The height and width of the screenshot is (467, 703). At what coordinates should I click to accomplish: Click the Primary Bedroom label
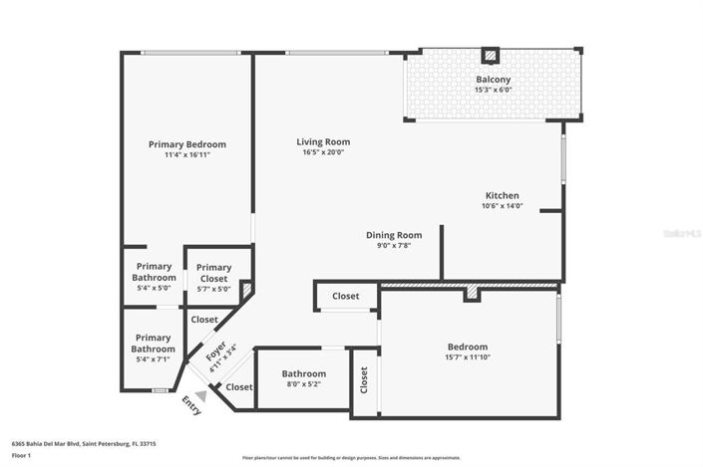coord(186,144)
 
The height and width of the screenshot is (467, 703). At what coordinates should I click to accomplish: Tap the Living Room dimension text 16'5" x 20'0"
coord(322,152)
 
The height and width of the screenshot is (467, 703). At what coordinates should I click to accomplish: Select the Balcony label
coord(493,79)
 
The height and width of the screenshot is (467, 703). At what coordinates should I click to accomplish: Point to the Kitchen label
coord(502,195)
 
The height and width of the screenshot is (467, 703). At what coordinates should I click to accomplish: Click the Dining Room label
coord(388,235)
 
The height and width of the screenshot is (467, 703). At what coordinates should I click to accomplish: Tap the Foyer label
coord(215,352)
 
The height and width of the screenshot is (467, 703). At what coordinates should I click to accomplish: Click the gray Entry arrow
coord(200,395)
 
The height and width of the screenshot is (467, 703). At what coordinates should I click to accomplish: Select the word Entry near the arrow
coord(189,405)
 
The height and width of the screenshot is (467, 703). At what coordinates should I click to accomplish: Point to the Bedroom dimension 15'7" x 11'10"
coord(467,357)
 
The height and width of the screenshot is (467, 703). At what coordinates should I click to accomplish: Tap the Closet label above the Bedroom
coord(346,296)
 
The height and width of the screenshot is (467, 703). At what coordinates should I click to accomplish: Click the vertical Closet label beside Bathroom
coord(364,378)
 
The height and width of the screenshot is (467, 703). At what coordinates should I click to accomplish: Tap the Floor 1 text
coord(22,455)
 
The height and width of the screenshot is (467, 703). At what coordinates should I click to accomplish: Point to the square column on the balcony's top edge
coord(490,55)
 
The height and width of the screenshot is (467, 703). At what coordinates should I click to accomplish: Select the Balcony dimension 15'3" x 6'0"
coord(493,90)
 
